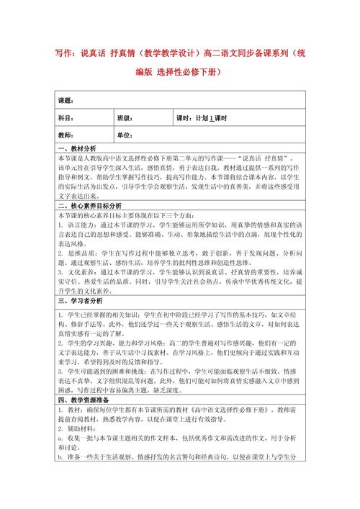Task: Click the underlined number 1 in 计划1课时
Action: click(212, 118)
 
